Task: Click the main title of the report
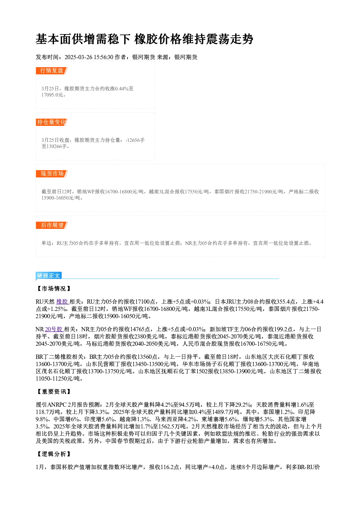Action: [144, 39]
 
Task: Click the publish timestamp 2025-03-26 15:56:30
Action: [89, 57]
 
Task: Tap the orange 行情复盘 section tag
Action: [52, 71]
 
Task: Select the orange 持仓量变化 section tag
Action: [52, 122]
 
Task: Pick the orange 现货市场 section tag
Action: [52, 174]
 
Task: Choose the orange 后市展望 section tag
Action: [52, 225]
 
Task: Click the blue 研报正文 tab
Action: [49, 276]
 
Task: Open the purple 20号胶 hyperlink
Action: [54, 329]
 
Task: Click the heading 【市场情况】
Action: [54, 288]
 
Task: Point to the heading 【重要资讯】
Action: [54, 391]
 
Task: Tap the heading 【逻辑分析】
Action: [54, 454]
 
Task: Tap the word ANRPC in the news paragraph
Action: [57, 405]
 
